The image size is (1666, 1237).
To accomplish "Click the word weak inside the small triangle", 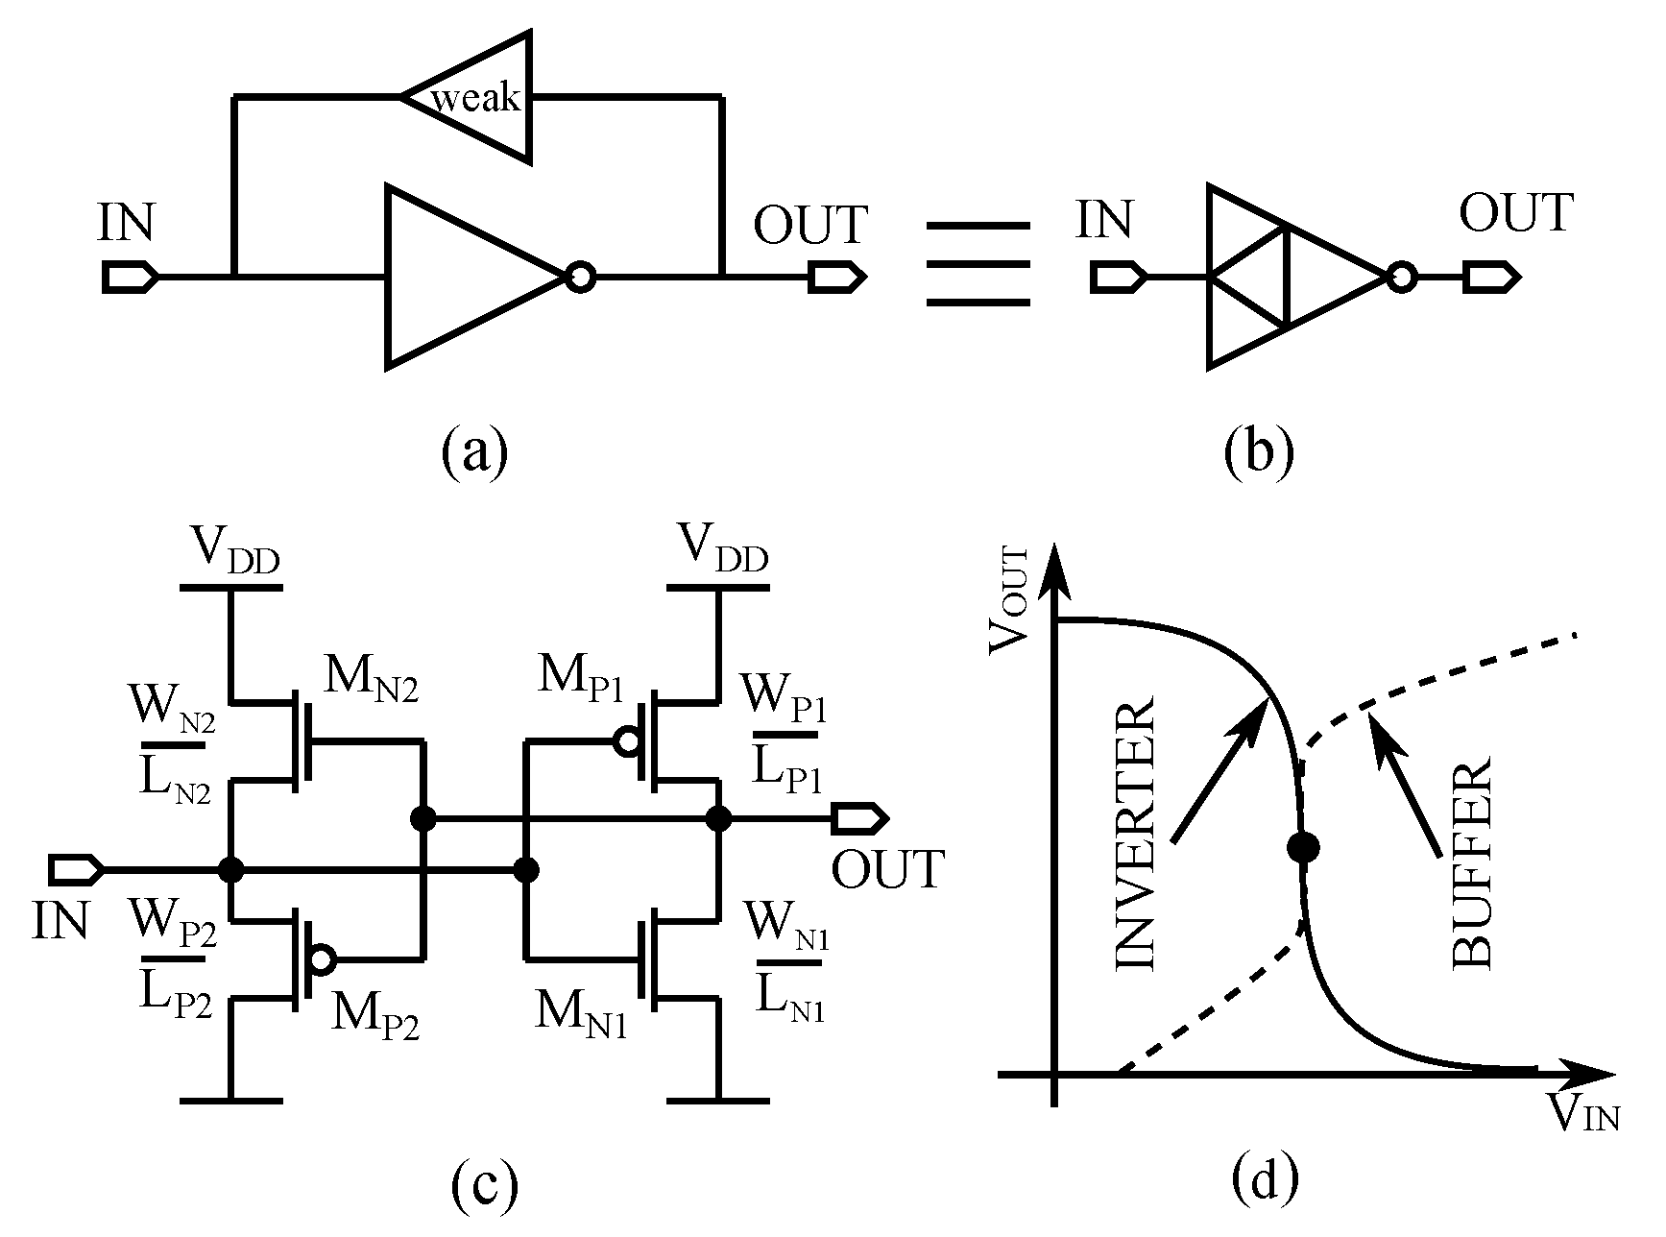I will (475, 98).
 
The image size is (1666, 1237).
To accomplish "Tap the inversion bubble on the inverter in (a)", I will (580, 279).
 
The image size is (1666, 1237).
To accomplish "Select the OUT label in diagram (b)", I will (1516, 213).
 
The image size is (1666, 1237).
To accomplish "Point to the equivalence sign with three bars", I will (978, 264).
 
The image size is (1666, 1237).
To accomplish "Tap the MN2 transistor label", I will (371, 683).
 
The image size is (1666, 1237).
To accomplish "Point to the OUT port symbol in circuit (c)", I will (859, 819).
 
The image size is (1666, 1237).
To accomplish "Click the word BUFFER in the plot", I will (1469, 861).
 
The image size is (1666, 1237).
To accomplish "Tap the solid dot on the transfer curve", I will (1303, 847).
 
